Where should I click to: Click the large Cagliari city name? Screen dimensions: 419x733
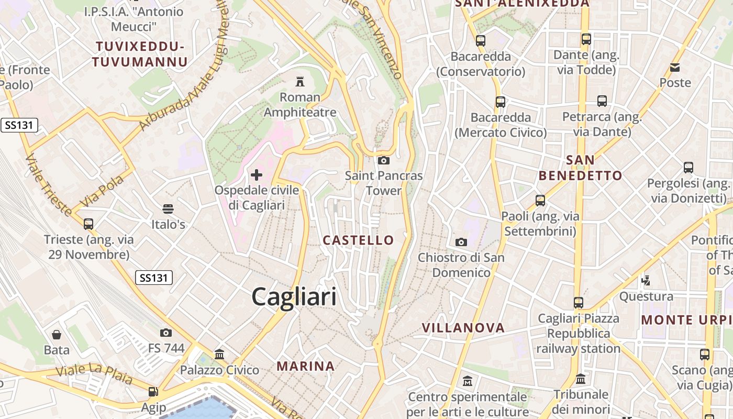pyautogui.click(x=294, y=297)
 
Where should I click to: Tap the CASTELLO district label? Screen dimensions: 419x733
pyautogui.click(x=358, y=240)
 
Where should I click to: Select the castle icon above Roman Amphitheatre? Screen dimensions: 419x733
pyautogui.click(x=300, y=82)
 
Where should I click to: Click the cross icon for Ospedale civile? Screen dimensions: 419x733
pyautogui.click(x=257, y=174)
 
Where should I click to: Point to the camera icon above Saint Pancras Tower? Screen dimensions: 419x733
pyautogui.click(x=384, y=160)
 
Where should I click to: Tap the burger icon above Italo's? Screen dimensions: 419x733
pyautogui.click(x=168, y=209)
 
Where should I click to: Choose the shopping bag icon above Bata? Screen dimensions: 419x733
pyautogui.click(x=57, y=334)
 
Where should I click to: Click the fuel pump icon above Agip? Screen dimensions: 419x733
pyautogui.click(x=153, y=392)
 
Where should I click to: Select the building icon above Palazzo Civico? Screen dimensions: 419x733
pyautogui.click(x=219, y=355)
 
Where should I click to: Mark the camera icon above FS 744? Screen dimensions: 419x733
pyautogui.click(x=166, y=333)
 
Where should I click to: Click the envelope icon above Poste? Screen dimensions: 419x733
pyautogui.click(x=675, y=67)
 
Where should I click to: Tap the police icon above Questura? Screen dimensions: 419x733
pyautogui.click(x=646, y=281)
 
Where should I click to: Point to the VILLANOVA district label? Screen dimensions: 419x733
pyautogui.click(x=463, y=328)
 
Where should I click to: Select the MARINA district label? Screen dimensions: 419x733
pyautogui.click(x=306, y=366)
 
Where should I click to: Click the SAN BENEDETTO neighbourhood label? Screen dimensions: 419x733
pyautogui.click(x=580, y=168)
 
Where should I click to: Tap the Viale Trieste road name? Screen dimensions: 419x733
pyautogui.click(x=48, y=184)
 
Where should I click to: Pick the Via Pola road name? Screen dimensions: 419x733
pyautogui.click(x=103, y=191)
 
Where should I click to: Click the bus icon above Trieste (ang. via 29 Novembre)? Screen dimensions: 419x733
pyautogui.click(x=88, y=224)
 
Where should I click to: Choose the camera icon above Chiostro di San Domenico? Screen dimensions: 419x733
pyautogui.click(x=461, y=241)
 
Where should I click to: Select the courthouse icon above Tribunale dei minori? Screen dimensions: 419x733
pyautogui.click(x=581, y=379)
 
